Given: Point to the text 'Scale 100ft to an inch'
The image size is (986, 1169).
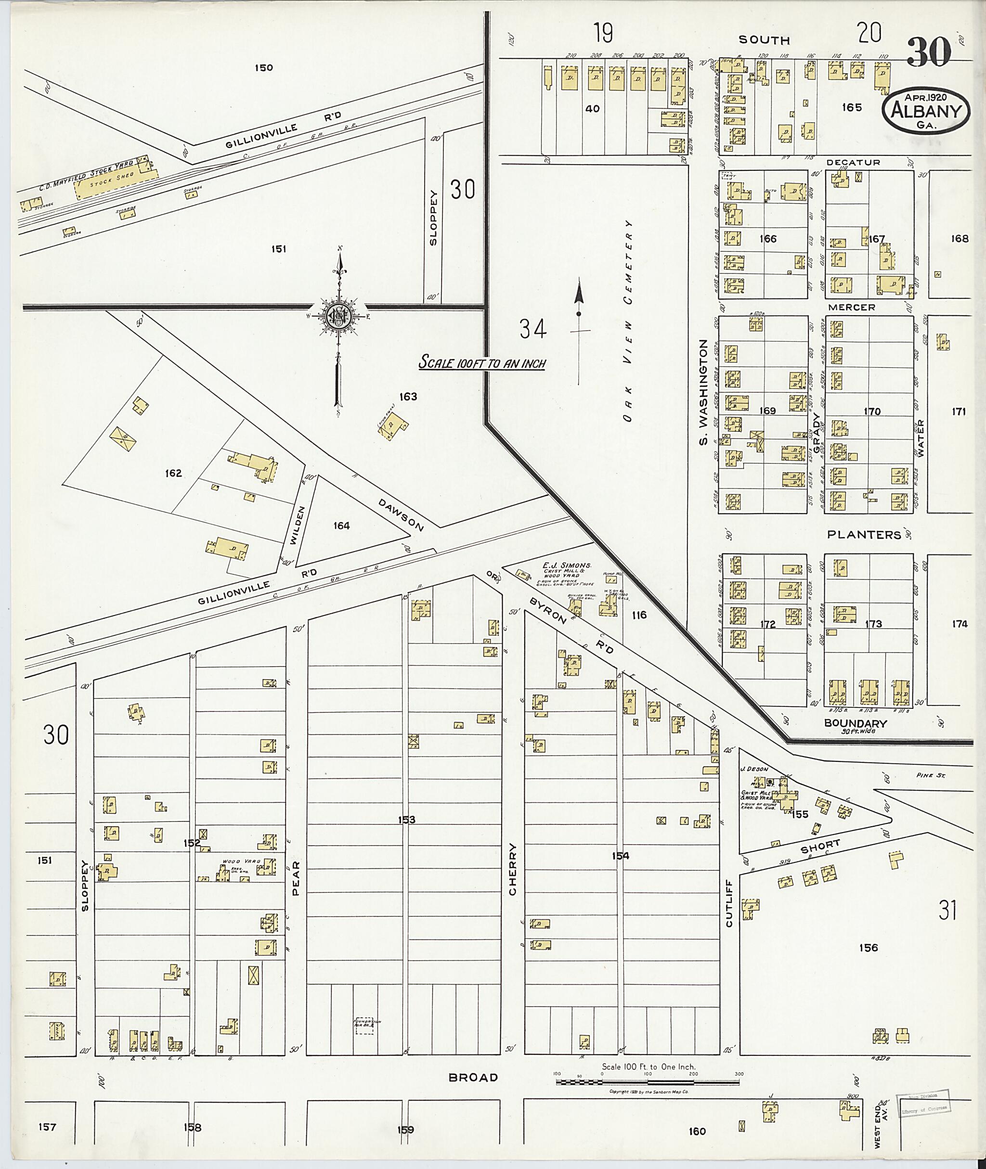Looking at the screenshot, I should coord(482,363).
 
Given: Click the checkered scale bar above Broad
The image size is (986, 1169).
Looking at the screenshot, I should coord(647,1082).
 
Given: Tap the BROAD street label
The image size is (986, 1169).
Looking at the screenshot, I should coord(473,1078).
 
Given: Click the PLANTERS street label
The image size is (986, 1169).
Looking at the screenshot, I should coord(864,535).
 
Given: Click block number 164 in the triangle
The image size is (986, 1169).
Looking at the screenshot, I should coord(341,526).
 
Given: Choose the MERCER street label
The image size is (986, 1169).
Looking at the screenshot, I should coord(851,308).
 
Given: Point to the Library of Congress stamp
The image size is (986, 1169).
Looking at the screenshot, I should coord(923,1104).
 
